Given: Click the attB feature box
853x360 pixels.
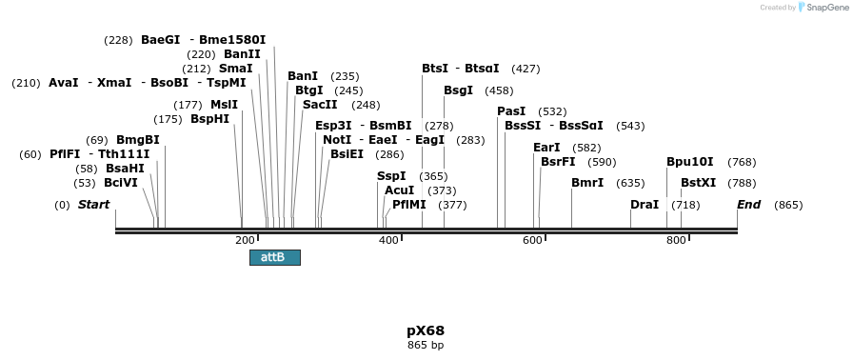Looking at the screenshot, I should [274, 257].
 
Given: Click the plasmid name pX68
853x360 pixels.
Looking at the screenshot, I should [426, 331].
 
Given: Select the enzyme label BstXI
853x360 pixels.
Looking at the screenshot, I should [698, 183].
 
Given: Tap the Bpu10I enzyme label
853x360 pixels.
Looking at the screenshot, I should [689, 162].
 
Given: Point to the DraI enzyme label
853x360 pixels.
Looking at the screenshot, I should [645, 205].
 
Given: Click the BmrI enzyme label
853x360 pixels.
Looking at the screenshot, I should [587, 183].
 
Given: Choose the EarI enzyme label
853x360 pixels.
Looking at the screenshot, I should [546, 148].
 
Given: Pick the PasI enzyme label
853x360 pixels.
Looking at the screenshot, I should [511, 111].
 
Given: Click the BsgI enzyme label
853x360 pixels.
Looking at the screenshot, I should [458, 90].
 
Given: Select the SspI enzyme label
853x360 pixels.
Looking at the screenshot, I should [391, 176].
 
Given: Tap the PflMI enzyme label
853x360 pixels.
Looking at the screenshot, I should [409, 205].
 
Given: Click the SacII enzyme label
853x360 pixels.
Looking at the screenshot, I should [320, 105].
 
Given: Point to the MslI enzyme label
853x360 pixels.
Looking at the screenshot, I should [224, 105].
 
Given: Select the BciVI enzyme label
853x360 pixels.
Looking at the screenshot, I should [121, 183].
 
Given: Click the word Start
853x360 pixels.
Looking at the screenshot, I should [93, 205].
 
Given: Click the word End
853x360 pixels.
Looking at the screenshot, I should [749, 205].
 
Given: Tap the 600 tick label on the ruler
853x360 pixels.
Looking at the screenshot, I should [532, 240].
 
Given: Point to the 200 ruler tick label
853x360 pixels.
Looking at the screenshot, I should [245, 240].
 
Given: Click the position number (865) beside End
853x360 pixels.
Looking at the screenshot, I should [788, 205].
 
